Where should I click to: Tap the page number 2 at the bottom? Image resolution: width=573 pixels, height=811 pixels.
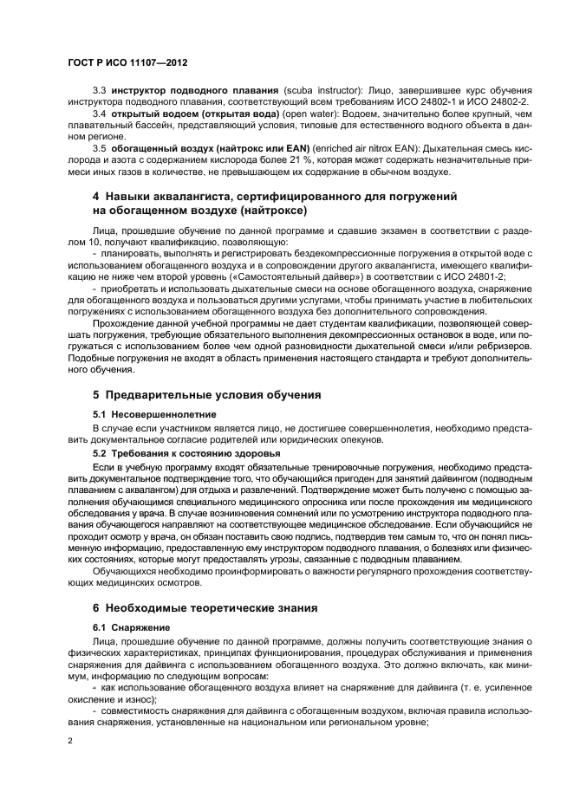tap(72, 742)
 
